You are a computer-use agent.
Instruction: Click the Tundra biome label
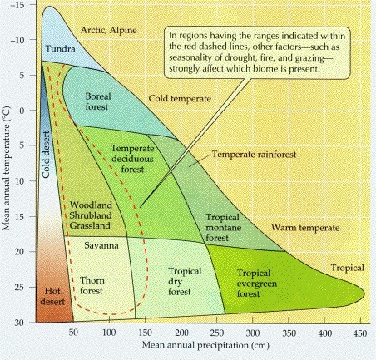[x=60, y=49]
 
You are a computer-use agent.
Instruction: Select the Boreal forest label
[x=97, y=101]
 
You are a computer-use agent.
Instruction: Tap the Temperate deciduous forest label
[x=132, y=159]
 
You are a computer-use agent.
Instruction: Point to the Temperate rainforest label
[x=254, y=155]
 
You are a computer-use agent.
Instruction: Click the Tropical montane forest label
[x=223, y=228]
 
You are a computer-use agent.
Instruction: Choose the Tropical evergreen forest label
[x=256, y=284]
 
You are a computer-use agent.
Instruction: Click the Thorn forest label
[x=92, y=285]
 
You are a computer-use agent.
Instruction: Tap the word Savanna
[x=101, y=245]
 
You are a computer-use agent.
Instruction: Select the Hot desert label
[x=52, y=296]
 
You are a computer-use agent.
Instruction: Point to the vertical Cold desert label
[x=46, y=155]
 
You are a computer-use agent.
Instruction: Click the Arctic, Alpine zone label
[x=109, y=30]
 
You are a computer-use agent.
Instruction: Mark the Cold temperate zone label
[x=180, y=99]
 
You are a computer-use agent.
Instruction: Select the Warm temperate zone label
[x=305, y=228]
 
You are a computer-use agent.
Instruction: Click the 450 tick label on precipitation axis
[x=360, y=333]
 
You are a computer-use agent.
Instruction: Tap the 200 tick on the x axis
[x=181, y=333]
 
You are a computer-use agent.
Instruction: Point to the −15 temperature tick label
[x=17, y=5]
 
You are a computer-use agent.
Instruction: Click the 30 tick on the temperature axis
[x=19, y=323]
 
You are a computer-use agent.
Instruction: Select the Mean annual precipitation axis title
[x=205, y=345]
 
